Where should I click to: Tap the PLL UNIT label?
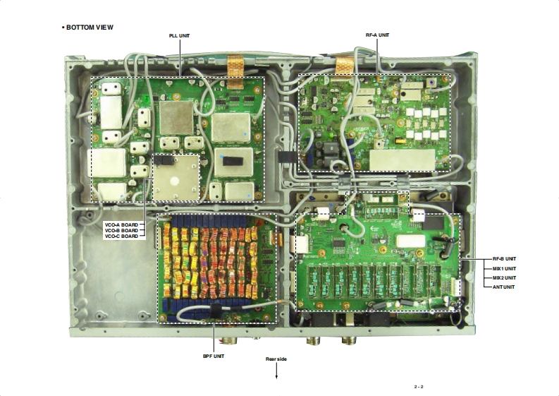pos(179,35)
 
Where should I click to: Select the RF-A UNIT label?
pos(377,35)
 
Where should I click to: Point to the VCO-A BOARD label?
pos(121,224)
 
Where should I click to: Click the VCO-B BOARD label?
pos(121,230)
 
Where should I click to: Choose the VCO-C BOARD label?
pos(121,236)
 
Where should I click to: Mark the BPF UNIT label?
pos(214,356)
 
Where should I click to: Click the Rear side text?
pos(276,359)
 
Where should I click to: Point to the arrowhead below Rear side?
pos(276,377)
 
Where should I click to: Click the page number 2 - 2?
pos(419,387)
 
